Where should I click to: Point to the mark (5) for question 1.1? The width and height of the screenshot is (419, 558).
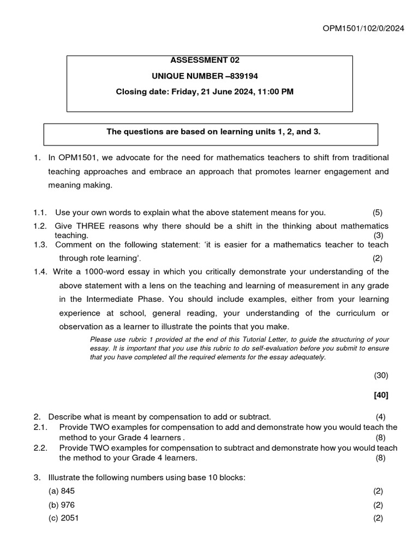click(x=378, y=213)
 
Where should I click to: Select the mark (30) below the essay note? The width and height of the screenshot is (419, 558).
click(x=381, y=375)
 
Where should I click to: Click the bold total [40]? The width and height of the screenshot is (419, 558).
click(x=381, y=395)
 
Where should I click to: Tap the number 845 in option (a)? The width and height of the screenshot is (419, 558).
click(x=68, y=491)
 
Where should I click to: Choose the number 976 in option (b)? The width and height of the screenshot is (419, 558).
click(x=68, y=505)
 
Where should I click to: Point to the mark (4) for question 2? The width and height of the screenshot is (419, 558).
click(x=381, y=417)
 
